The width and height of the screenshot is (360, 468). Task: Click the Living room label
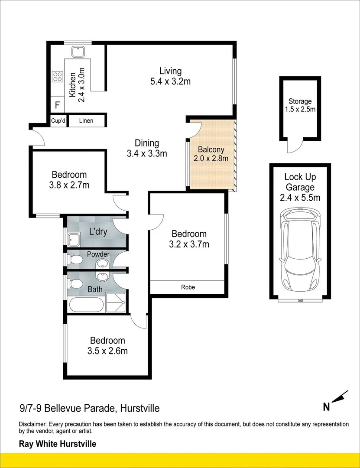(x=170, y=71)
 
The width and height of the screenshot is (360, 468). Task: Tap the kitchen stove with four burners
(x=57, y=77)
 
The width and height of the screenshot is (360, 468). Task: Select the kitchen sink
(x=78, y=52)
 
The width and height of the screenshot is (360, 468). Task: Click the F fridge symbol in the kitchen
(x=57, y=105)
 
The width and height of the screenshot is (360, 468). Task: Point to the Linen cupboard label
(x=86, y=121)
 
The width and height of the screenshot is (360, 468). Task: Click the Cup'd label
(x=58, y=121)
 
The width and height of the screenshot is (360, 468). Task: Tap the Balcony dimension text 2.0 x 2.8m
(x=211, y=159)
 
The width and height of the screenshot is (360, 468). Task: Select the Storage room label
(x=300, y=101)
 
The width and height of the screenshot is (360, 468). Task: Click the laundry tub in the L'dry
(x=73, y=239)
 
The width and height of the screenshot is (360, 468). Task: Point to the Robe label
(x=187, y=287)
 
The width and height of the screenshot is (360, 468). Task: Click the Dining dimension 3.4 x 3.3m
(x=147, y=153)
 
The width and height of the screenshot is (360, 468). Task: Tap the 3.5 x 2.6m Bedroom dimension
(x=107, y=351)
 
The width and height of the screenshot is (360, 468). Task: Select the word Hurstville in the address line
(x=140, y=408)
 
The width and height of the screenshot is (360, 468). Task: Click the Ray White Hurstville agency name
(x=57, y=444)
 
